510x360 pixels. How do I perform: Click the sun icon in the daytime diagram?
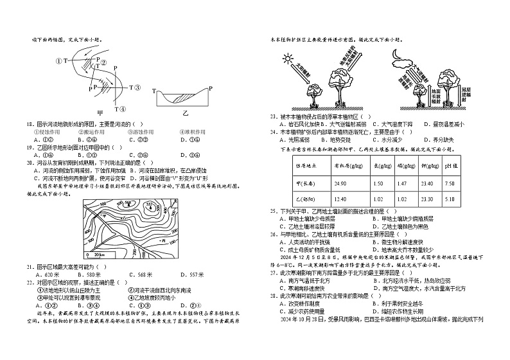click(x=286, y=60)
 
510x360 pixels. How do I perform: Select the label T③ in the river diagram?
click(x=135, y=87)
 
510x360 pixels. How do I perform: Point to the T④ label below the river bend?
click(x=120, y=108)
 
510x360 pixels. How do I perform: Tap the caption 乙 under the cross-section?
click(x=186, y=113)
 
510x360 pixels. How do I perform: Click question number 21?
click(x=30, y=266)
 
